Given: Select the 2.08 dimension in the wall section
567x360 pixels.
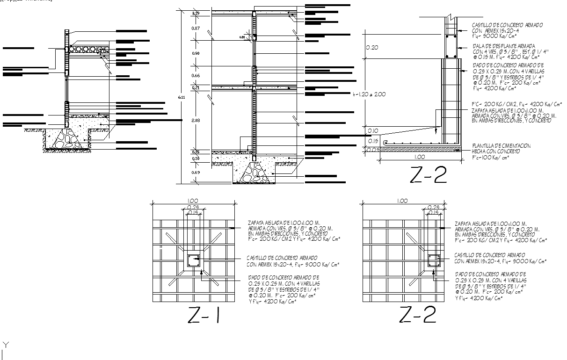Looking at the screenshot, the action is [196, 120].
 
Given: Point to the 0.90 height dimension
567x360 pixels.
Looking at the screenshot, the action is [196, 53].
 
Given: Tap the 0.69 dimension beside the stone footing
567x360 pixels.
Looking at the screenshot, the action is [196, 173].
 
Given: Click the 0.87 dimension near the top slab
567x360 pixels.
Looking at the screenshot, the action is [196, 29].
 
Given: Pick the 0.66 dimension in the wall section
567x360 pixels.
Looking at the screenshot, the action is [196, 75].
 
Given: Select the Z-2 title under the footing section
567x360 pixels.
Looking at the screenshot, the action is [428, 175].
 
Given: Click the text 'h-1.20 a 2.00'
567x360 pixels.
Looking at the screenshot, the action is [370, 94].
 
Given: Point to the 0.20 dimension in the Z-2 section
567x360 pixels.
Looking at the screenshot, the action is [372, 47].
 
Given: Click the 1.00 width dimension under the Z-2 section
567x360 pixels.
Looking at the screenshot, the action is [419, 157].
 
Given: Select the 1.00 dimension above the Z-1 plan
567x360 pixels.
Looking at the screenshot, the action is [192, 201].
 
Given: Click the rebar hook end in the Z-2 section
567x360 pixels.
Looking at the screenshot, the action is [385, 142].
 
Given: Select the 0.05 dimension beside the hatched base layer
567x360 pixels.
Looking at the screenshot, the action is [372, 150].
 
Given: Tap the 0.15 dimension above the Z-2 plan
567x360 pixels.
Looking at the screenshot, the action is [434, 212].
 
